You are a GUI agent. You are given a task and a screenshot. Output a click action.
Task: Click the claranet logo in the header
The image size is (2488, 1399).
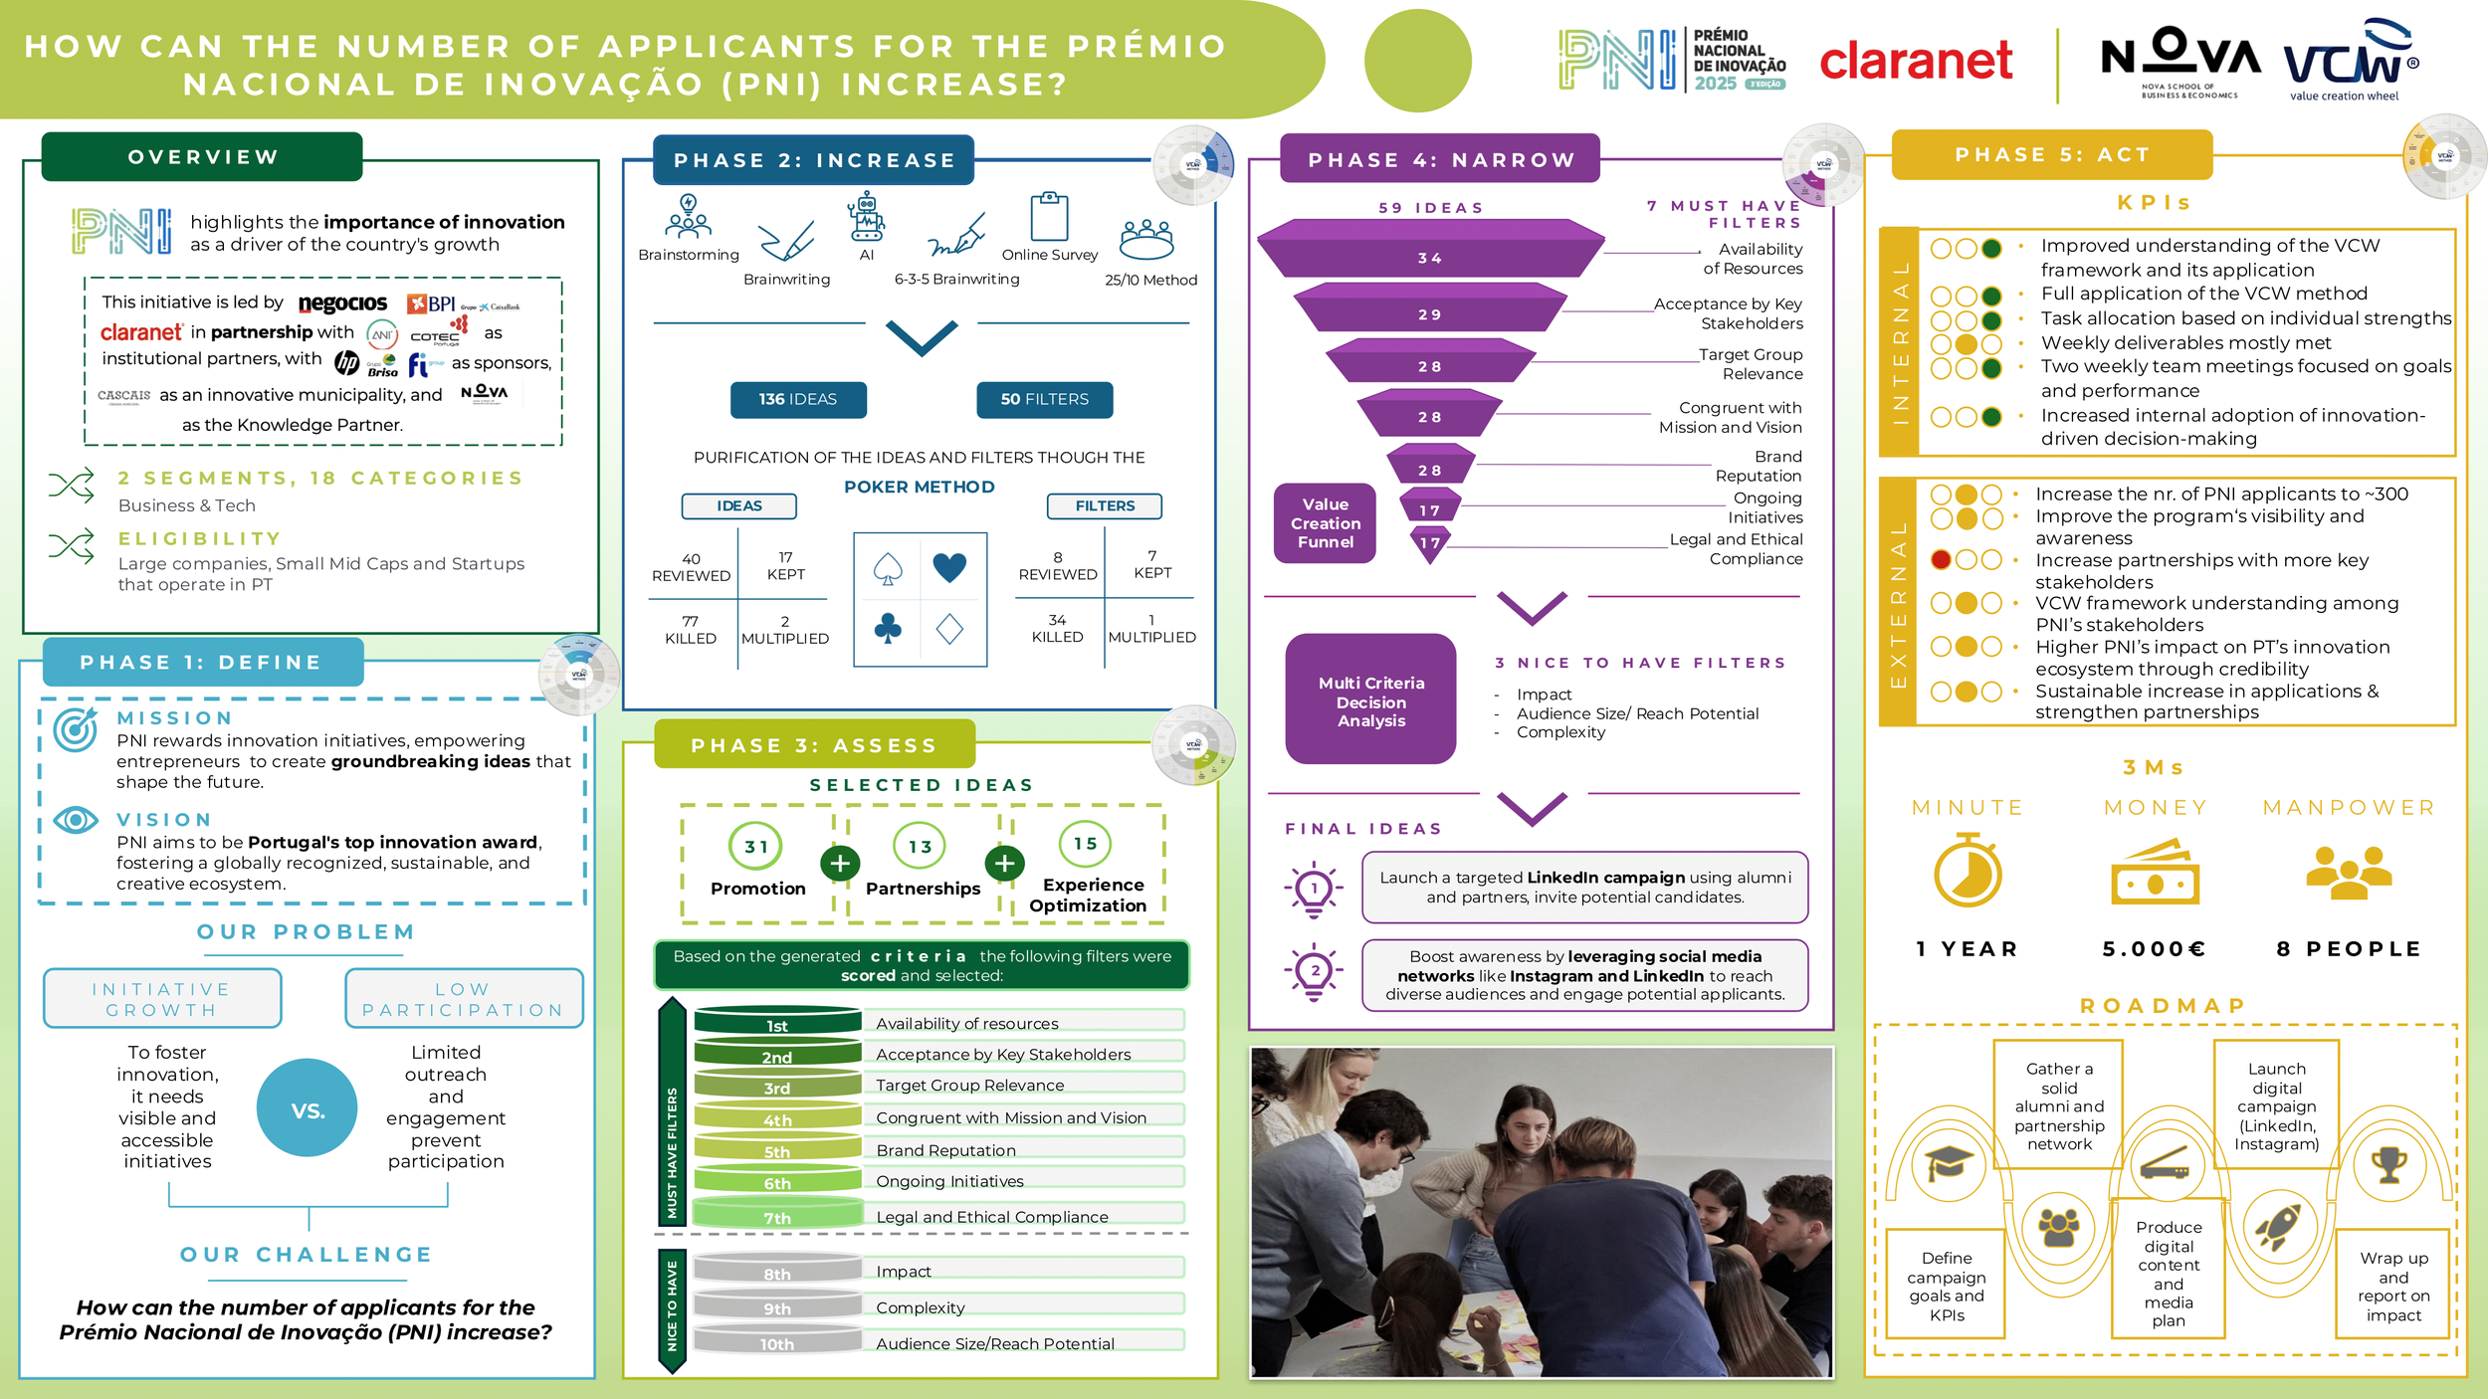point(1916,62)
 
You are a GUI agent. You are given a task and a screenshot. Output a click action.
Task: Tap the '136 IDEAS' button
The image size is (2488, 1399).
point(798,399)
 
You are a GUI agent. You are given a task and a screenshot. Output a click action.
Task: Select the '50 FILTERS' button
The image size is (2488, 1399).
point(1044,399)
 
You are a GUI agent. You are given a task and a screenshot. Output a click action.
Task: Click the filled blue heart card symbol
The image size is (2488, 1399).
point(949,567)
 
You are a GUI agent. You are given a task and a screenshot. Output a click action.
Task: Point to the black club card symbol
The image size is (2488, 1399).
point(888,628)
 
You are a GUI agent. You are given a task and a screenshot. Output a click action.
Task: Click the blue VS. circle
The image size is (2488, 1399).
point(308,1108)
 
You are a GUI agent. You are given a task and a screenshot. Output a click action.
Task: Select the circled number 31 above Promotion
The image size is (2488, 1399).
point(756,847)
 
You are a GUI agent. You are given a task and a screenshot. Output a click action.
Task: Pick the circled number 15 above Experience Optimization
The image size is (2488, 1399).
point(1085,844)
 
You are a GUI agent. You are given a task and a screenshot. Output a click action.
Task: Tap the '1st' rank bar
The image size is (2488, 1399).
point(777,1023)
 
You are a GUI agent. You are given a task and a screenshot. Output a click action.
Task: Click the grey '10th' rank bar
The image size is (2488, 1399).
point(777,1342)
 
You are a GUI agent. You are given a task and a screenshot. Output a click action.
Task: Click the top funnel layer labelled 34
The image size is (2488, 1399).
point(1430,256)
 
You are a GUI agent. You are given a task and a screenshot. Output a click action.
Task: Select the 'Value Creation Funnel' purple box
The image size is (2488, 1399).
point(1325,523)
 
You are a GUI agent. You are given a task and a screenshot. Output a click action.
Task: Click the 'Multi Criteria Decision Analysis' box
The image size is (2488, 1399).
point(1370,700)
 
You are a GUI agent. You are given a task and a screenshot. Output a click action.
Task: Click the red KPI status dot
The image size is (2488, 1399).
point(1941,559)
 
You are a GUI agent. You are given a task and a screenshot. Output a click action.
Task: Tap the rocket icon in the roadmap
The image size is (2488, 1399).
point(2277,1225)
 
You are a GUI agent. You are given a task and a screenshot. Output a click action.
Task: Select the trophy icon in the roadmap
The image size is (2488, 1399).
point(2388,1162)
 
